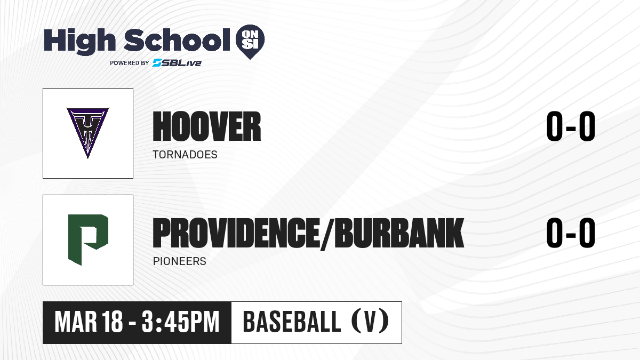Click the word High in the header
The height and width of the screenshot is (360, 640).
click(79, 42)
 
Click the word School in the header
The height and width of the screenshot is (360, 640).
click(177, 40)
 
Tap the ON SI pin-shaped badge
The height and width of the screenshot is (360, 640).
click(250, 42)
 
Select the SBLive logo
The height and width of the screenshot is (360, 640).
click(177, 62)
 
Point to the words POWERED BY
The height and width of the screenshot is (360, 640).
click(130, 63)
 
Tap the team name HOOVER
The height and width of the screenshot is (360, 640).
click(207, 126)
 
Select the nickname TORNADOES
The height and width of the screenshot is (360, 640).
click(185, 155)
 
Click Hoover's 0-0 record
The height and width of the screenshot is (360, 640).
click(571, 126)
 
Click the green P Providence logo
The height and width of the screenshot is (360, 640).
click(88, 239)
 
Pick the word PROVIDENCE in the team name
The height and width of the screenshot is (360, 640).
click(236, 233)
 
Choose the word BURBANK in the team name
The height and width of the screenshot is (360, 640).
click(399, 233)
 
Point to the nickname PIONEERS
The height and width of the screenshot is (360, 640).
click(179, 261)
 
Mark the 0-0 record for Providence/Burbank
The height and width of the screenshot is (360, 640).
click(571, 233)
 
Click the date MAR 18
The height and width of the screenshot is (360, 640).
click(89, 322)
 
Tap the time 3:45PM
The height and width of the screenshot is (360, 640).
click(181, 322)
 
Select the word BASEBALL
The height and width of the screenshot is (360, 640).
click(292, 322)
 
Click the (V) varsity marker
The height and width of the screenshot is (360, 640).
click(370, 322)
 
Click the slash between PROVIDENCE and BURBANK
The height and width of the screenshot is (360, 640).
click(327, 234)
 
